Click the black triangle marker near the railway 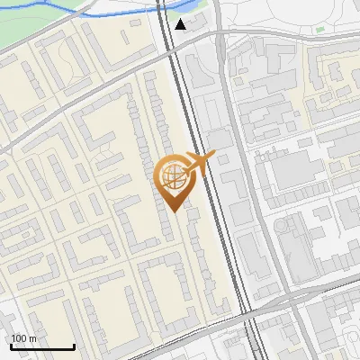(182, 24)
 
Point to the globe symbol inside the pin (172, 175)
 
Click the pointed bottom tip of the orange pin (174, 211)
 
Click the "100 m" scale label (24, 338)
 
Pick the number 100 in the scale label (20, 338)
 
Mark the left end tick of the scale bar (11, 346)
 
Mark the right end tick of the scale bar (74, 346)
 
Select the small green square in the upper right (319, 30)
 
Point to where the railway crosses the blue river (160, 7)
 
